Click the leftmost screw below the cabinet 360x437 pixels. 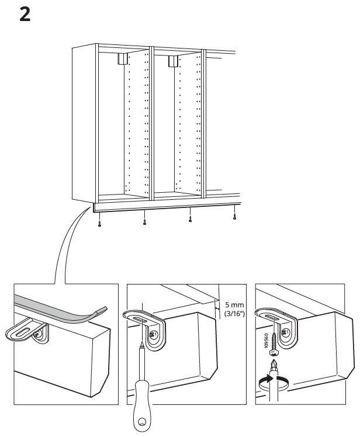tap(100, 224)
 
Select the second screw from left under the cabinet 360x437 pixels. tap(144, 222)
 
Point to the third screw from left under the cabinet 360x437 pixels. tap(189, 220)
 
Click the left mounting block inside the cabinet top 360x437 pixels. tap(122, 58)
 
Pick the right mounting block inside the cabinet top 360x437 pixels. tap(172, 60)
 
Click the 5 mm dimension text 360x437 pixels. tap(234, 305)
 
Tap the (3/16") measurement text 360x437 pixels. tap(234, 315)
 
